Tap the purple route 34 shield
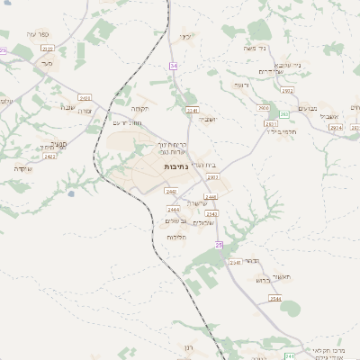point(173,66)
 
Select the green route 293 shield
point(284,113)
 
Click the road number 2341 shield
point(192,110)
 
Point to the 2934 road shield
point(337,129)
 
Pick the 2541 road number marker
point(236,262)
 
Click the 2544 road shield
point(275,298)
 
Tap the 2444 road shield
point(173,210)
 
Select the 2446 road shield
point(211,195)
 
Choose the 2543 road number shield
point(212,214)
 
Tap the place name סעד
point(46,64)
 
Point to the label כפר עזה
point(38,34)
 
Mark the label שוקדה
point(24,168)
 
